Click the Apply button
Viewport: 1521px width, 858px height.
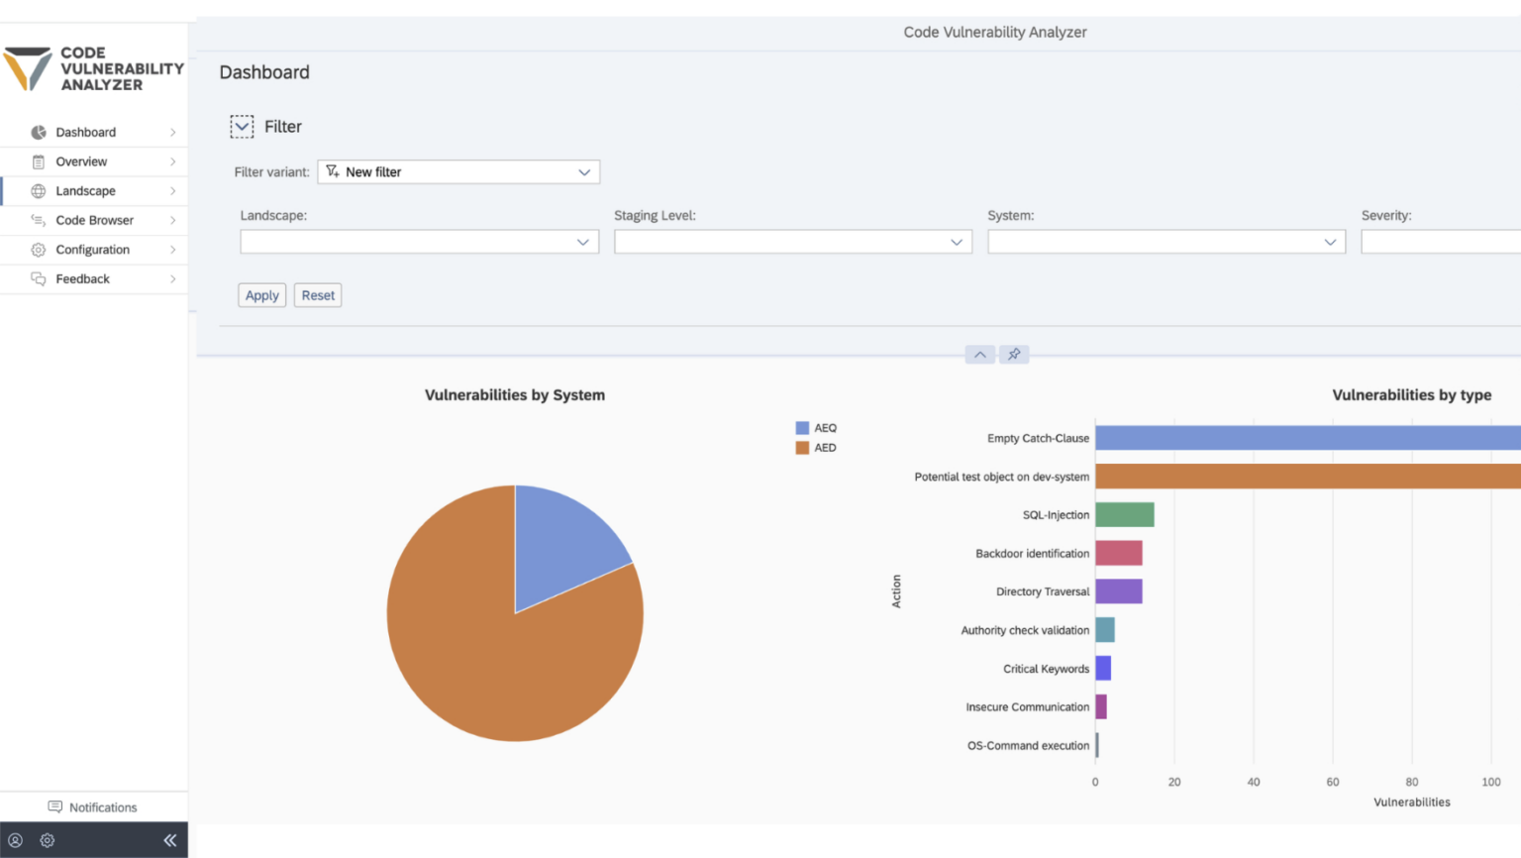261,295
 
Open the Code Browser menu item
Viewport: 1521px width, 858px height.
94,220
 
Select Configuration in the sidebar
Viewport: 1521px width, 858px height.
92,250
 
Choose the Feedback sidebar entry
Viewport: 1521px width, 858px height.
82,279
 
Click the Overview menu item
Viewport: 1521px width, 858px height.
81,161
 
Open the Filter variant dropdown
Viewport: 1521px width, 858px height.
458,172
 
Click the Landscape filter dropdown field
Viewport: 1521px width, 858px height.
419,242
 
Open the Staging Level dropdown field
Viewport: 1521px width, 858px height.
792,242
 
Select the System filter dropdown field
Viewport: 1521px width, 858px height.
1166,242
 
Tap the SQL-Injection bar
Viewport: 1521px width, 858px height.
1124,515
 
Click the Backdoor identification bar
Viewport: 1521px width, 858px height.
1118,553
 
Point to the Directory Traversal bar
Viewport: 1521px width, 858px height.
1118,591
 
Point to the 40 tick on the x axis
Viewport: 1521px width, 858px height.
1254,782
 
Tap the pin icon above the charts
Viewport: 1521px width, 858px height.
1014,355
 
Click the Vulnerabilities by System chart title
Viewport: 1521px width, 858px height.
514,395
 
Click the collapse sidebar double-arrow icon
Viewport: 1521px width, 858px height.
170,840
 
